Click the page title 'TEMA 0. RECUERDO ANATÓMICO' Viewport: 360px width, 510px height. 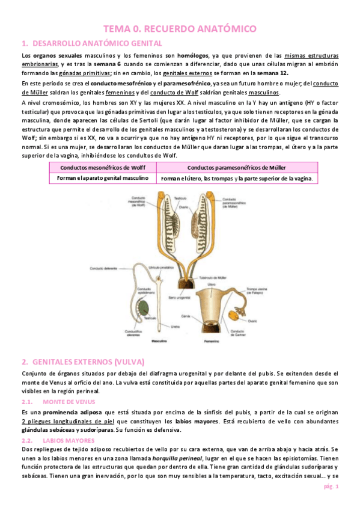pyautogui.click(x=180, y=28)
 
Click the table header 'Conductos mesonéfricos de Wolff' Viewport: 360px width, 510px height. pyautogui.click(x=102, y=167)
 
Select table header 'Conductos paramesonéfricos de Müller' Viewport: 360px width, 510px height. pyautogui.click(x=236, y=167)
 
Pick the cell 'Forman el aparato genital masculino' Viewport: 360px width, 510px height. pyautogui.click(x=102, y=179)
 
